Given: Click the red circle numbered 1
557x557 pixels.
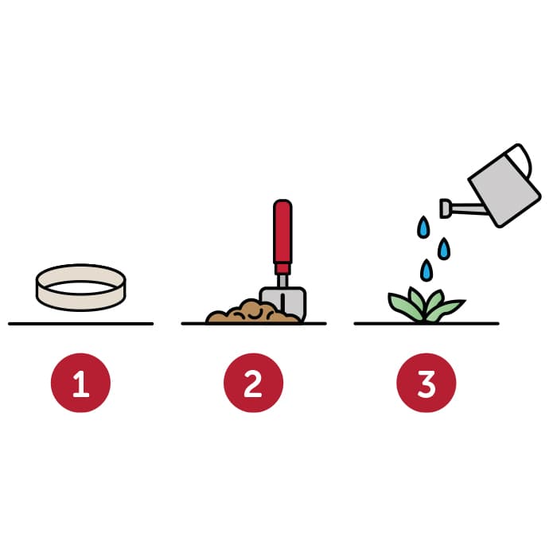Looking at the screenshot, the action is pyautogui.click(x=80, y=383).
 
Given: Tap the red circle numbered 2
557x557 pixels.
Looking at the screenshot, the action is pyautogui.click(x=253, y=383).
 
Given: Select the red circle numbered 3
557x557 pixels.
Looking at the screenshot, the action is pyautogui.click(x=427, y=383).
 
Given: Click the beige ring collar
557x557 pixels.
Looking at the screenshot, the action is pyautogui.click(x=80, y=302).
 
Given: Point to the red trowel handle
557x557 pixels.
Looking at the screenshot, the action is pyautogui.click(x=282, y=236).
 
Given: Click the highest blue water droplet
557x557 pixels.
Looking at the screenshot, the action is pyautogui.click(x=423, y=227).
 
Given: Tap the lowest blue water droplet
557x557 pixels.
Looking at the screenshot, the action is pyautogui.click(x=427, y=271).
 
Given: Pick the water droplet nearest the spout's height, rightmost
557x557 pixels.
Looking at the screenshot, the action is pyautogui.click(x=444, y=248).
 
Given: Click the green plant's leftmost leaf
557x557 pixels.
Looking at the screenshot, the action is pyautogui.click(x=403, y=306).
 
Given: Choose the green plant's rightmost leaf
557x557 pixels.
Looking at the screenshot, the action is pyautogui.click(x=448, y=309).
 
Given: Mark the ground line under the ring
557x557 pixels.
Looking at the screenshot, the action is pyautogui.click(x=80, y=324).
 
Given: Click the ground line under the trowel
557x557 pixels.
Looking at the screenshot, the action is pyautogui.click(x=254, y=324).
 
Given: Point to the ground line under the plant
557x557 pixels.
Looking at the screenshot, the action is pyautogui.click(x=427, y=324).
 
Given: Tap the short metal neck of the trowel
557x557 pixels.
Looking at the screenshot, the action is pyautogui.click(x=282, y=281).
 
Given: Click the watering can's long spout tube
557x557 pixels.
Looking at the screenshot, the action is pyautogui.click(x=469, y=208).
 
